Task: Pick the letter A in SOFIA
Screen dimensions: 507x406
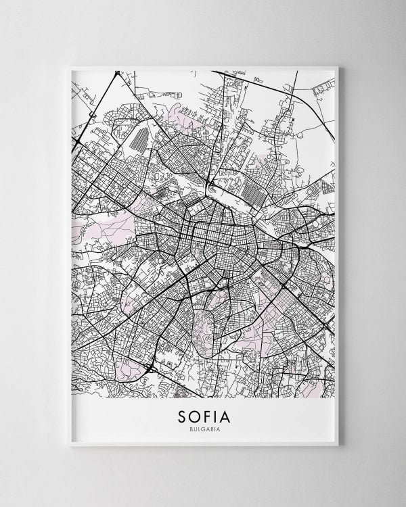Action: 230,414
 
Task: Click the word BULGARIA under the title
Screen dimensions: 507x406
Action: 202,427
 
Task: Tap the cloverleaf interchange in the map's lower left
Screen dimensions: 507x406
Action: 150,368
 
